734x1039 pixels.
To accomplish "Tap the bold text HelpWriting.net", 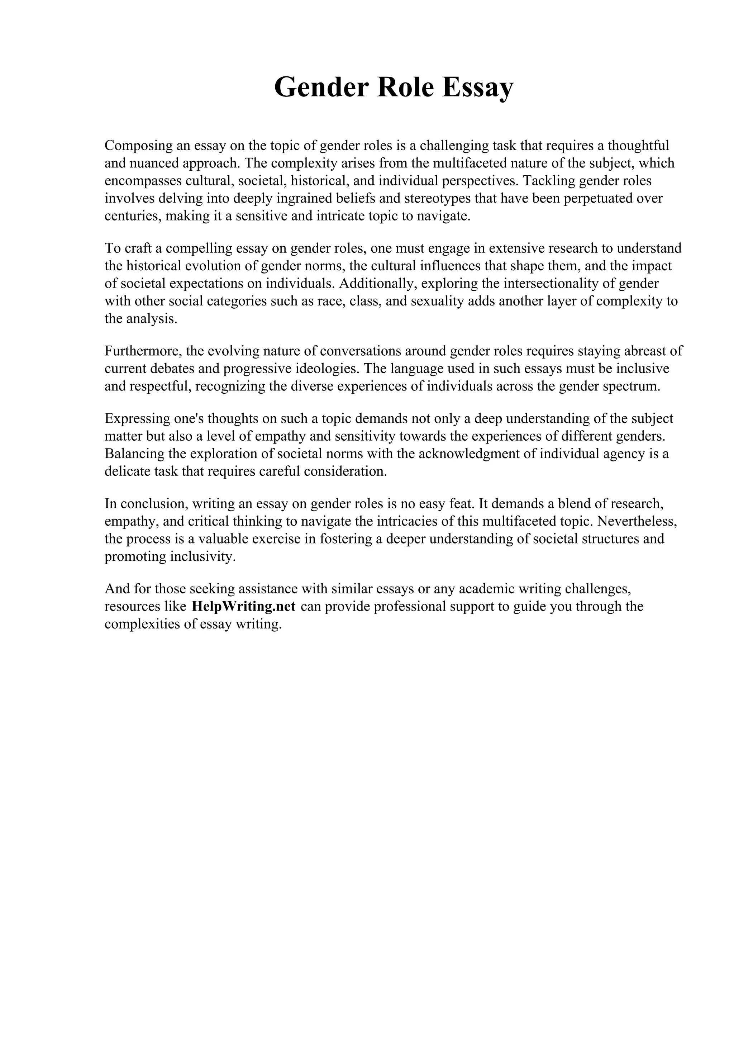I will (243, 606).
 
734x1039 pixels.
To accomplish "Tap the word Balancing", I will (134, 454).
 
